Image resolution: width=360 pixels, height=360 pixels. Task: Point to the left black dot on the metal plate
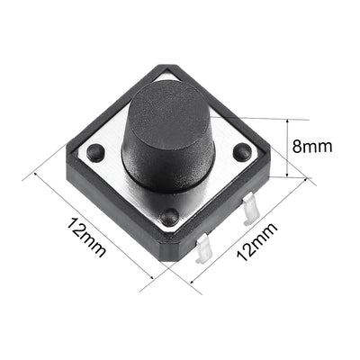click(95, 154)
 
